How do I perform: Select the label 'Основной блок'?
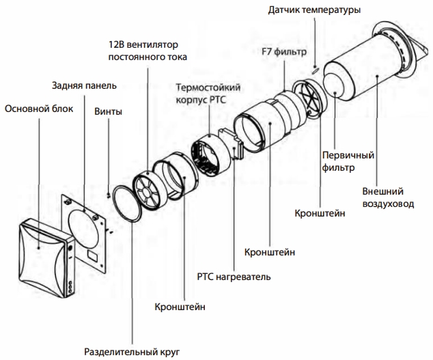(x=35, y=109)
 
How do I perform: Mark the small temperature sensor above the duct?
(x=313, y=68)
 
